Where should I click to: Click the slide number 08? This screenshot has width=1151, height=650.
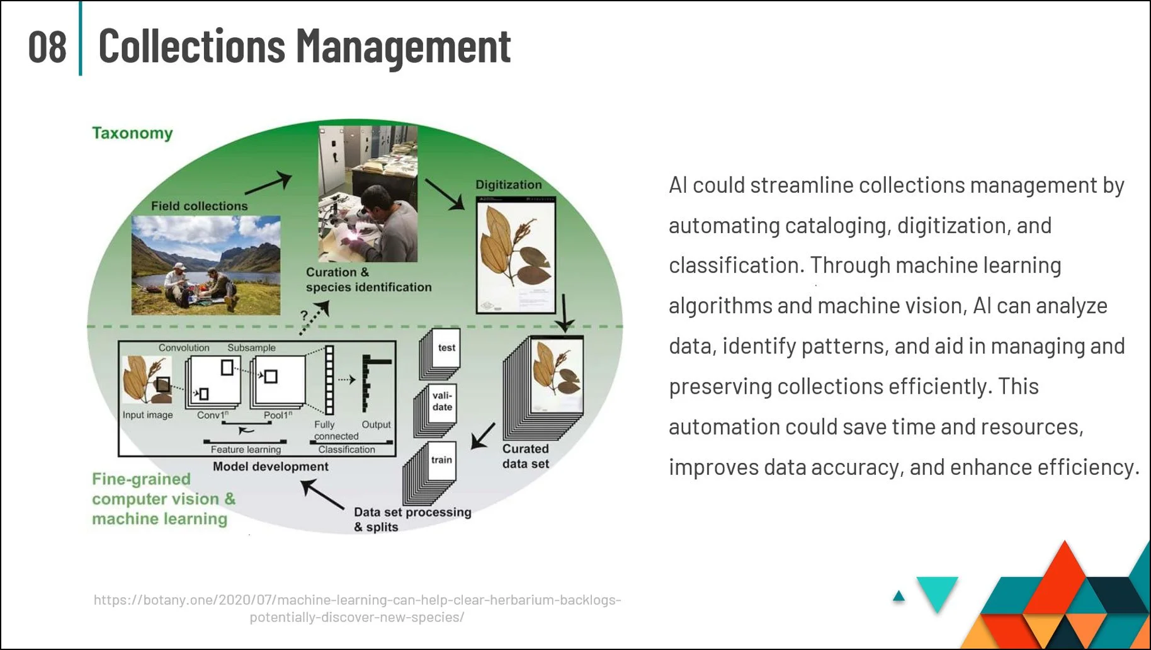[x=47, y=47]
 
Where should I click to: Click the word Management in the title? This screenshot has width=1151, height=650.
[x=403, y=47]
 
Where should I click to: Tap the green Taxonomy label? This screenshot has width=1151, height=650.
[x=132, y=133]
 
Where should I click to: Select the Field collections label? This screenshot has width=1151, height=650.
[x=199, y=206]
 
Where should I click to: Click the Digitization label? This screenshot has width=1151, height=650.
[x=508, y=185]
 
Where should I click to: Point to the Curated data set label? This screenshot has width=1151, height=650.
[x=525, y=456]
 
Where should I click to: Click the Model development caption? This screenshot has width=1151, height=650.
[x=270, y=467]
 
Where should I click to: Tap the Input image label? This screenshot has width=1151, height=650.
[x=147, y=414]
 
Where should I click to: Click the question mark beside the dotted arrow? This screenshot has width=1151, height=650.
[x=304, y=315]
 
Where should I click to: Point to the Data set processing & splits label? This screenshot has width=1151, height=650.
[x=412, y=520]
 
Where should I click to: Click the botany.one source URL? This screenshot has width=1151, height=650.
[x=357, y=608]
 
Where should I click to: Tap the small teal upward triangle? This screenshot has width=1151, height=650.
[x=899, y=596]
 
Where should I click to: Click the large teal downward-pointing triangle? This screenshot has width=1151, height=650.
[x=937, y=591]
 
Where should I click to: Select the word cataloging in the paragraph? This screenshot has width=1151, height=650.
[x=836, y=225]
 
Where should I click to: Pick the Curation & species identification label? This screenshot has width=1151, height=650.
[x=368, y=280]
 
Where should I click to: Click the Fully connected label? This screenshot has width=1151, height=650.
[x=335, y=430]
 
